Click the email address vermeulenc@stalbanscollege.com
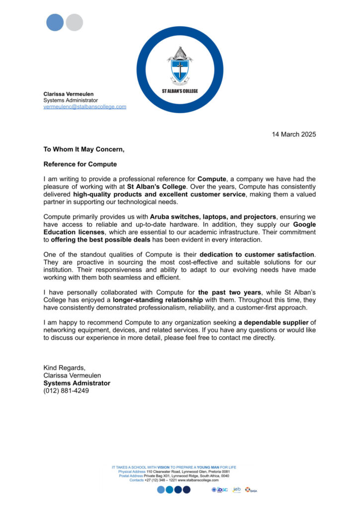coord(84,107)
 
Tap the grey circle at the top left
coord(74,22)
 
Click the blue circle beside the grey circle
coord(55,22)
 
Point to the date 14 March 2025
coord(294,134)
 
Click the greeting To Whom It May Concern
coord(83,149)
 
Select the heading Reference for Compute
coord(80,164)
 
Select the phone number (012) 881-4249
coord(66,391)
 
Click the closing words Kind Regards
coord(65,368)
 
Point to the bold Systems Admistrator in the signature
coord(77,383)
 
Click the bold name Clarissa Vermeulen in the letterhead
coord(68,94)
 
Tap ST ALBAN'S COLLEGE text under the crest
coord(180,91)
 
